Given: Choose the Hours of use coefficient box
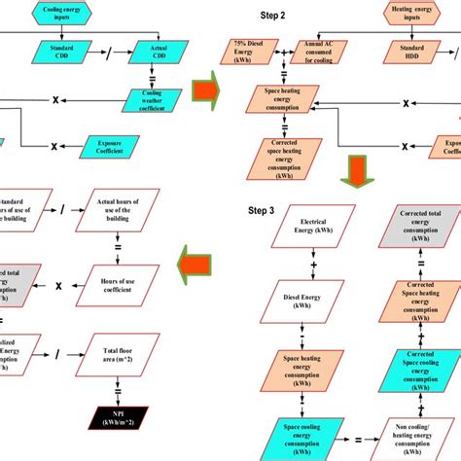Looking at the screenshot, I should tap(125, 287).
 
